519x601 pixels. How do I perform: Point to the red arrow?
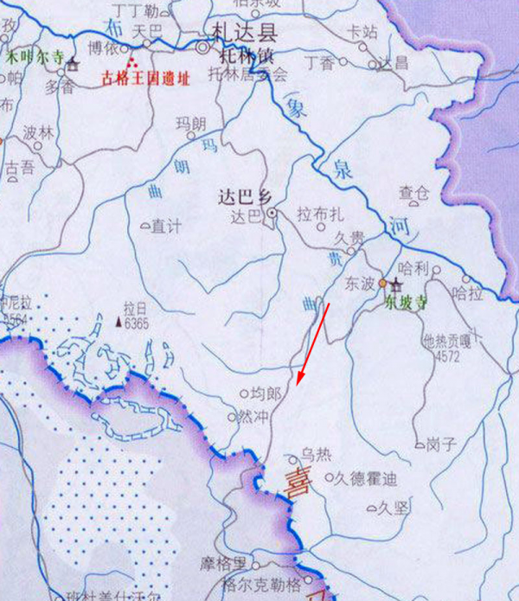point(312,346)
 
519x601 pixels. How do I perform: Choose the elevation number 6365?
point(137,324)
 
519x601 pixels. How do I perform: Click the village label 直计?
point(166,227)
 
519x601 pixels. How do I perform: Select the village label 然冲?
point(253,417)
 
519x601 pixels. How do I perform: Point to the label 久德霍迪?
point(365,477)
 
